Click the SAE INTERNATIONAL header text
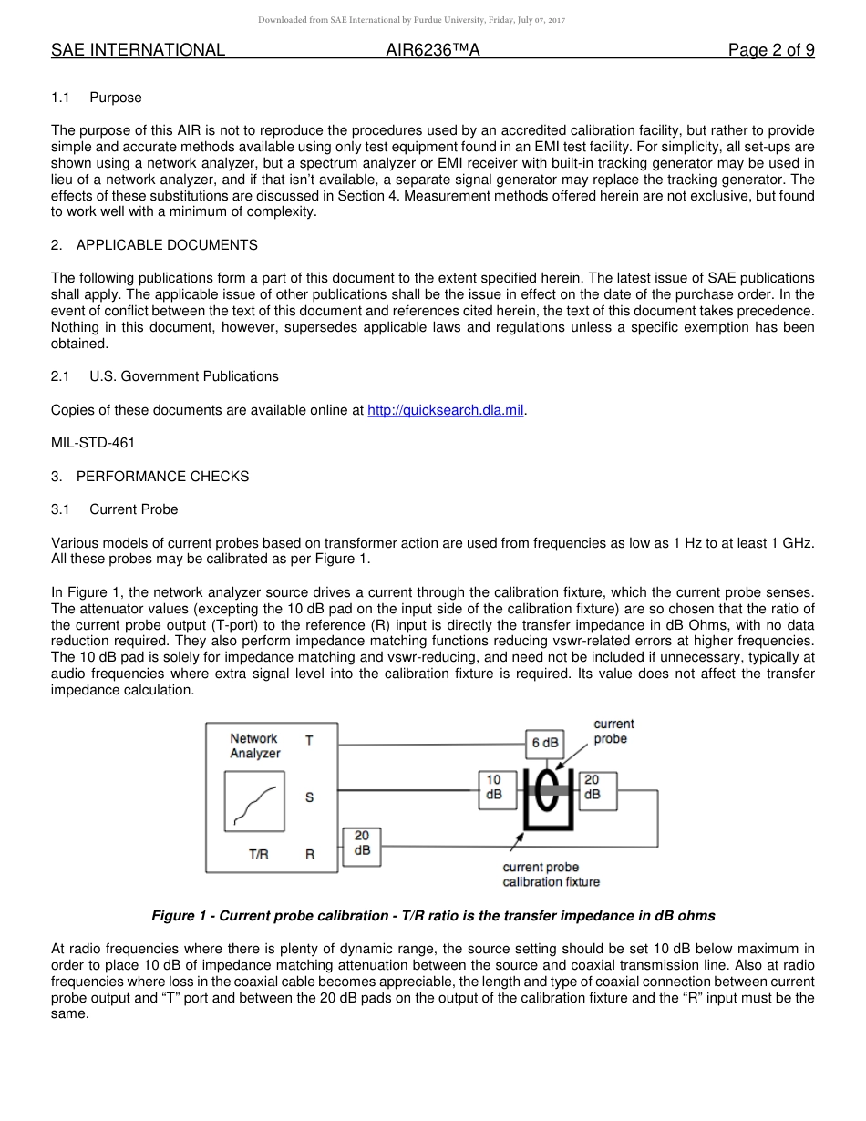(138, 50)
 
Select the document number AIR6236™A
(433, 50)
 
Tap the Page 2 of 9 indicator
(771, 50)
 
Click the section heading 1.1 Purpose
(97, 98)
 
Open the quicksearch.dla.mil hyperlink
(445, 410)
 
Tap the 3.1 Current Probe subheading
(115, 509)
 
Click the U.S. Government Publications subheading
(165, 376)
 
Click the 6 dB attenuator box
(545, 743)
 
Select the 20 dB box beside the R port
(362, 844)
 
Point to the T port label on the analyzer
(309, 741)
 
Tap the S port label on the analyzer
(310, 797)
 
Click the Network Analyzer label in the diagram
(254, 746)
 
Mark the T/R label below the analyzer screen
(259, 855)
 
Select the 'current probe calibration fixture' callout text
(551, 874)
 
